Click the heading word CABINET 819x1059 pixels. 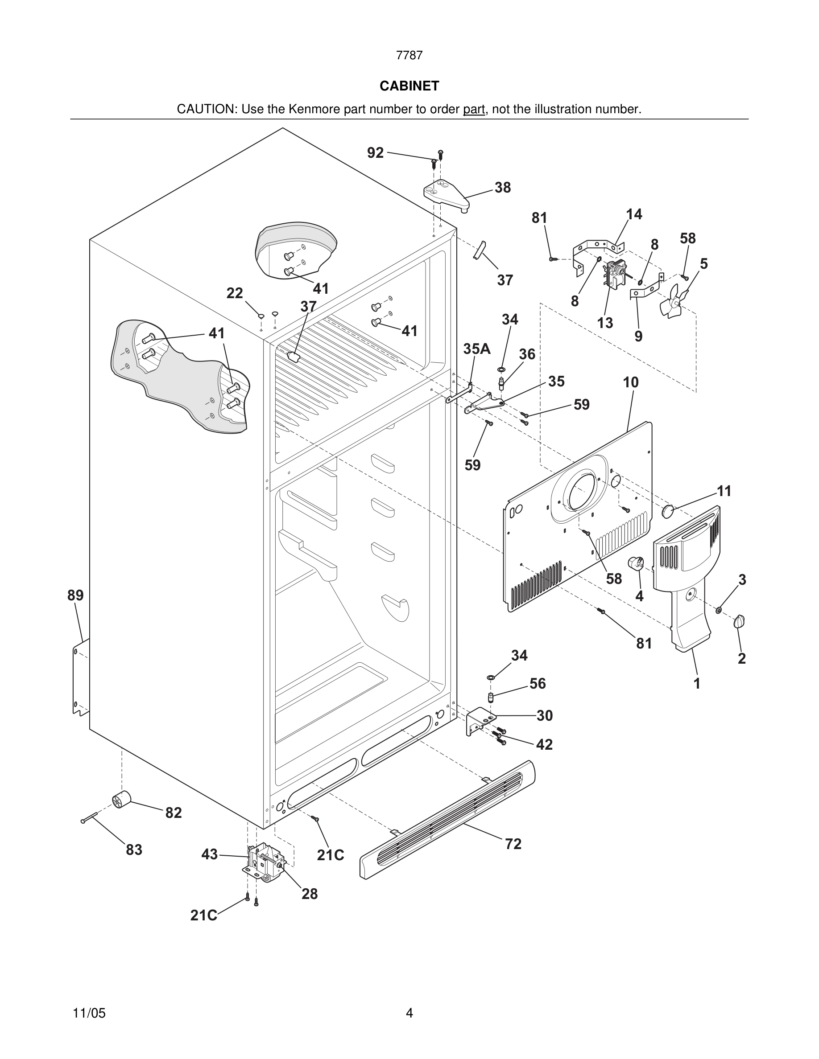click(409, 86)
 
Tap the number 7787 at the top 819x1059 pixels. click(409, 56)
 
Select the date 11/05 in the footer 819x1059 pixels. click(89, 1013)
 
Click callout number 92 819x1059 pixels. click(375, 153)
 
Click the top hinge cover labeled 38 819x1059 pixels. click(445, 194)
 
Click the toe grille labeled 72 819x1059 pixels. click(447, 820)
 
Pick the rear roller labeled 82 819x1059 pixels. click(122, 799)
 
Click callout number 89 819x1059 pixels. click(76, 595)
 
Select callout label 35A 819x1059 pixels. click(476, 349)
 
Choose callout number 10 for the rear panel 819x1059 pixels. click(631, 382)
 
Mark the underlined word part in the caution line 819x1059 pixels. click(474, 110)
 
